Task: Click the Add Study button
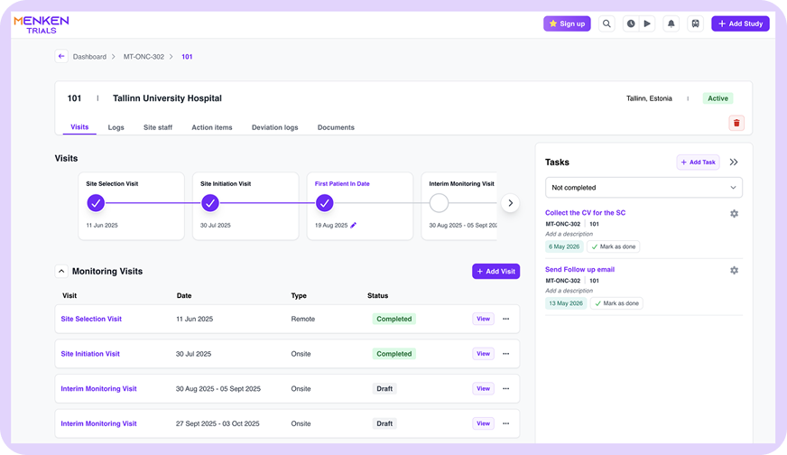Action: pyautogui.click(x=740, y=23)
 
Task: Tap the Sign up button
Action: pyautogui.click(x=567, y=23)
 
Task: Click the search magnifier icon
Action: pyautogui.click(x=606, y=23)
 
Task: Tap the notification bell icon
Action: pyautogui.click(x=671, y=23)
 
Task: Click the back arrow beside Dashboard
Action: pyautogui.click(x=61, y=56)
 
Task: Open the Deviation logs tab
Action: pyautogui.click(x=275, y=127)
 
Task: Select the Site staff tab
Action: pyautogui.click(x=158, y=127)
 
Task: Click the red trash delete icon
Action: pyautogui.click(x=736, y=123)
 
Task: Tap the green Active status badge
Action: pyautogui.click(x=718, y=98)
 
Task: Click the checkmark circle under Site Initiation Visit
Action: pyautogui.click(x=210, y=203)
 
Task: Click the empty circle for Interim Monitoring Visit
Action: pyautogui.click(x=440, y=203)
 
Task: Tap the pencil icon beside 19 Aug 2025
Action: pyautogui.click(x=354, y=226)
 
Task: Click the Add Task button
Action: pyautogui.click(x=699, y=162)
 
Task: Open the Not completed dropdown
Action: pyautogui.click(x=643, y=187)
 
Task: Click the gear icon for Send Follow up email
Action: pyautogui.click(x=734, y=270)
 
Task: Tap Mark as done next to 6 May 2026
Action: pyautogui.click(x=614, y=246)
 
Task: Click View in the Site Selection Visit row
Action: pyautogui.click(x=484, y=319)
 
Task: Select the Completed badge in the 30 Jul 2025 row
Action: pyautogui.click(x=394, y=354)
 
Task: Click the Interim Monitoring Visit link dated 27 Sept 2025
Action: pyautogui.click(x=99, y=423)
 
